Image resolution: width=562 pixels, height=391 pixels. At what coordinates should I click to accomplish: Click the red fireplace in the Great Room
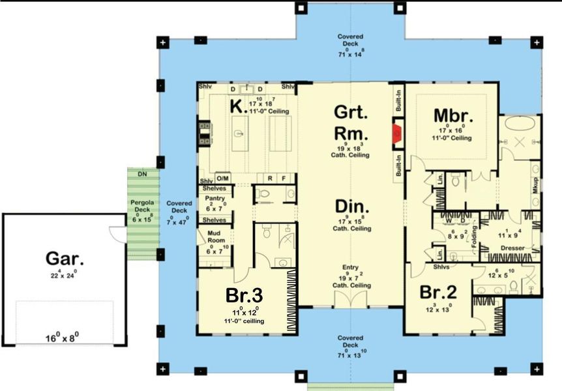click(396, 134)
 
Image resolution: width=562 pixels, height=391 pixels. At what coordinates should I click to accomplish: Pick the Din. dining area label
click(352, 208)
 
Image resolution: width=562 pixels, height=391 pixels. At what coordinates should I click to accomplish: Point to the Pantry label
click(214, 197)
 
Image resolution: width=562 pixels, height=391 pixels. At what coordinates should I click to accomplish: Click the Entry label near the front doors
click(351, 268)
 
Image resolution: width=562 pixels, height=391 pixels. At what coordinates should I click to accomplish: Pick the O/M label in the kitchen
click(222, 178)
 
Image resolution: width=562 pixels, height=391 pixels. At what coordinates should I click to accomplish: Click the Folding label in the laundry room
click(474, 232)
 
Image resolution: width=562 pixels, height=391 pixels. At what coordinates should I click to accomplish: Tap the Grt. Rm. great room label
click(352, 122)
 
